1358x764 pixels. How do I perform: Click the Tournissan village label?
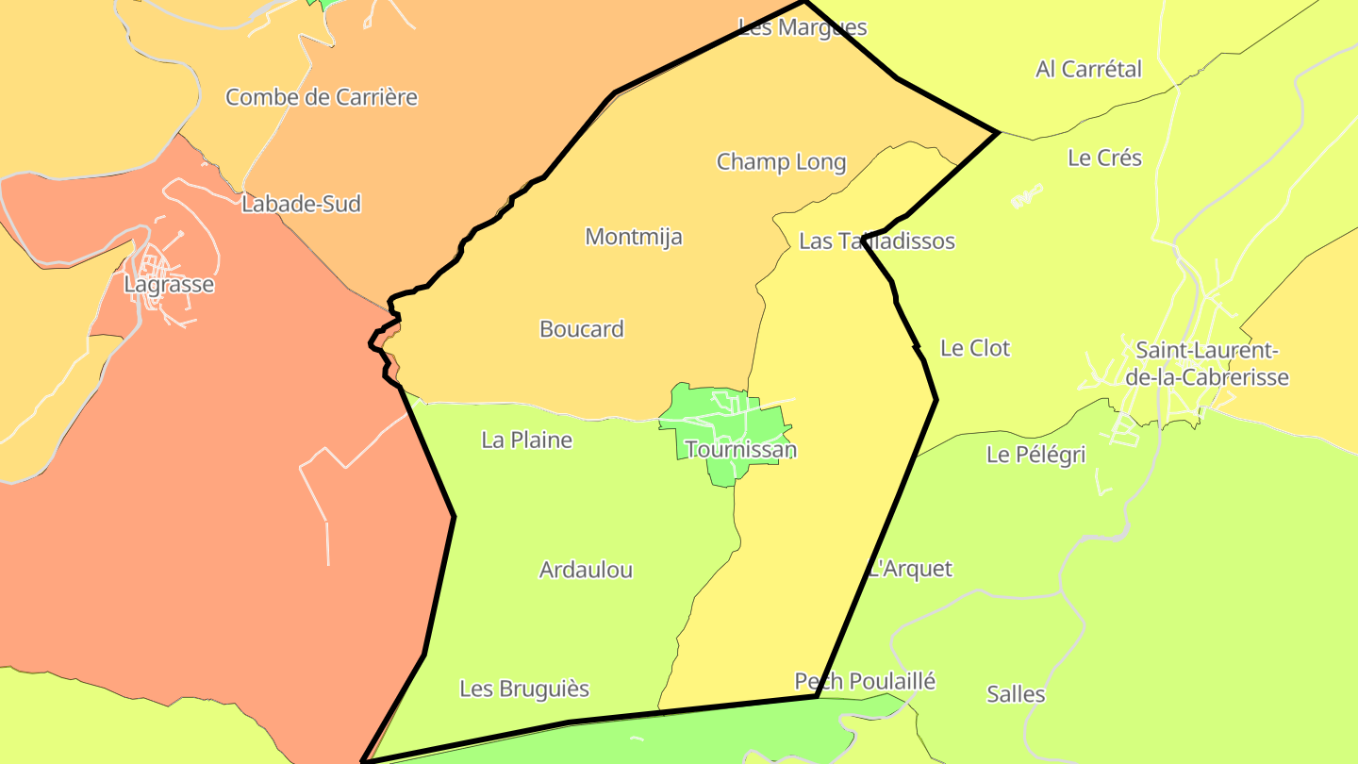pos(741,450)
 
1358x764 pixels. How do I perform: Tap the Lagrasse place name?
pos(170,285)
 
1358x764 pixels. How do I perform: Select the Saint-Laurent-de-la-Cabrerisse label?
pos(1212,364)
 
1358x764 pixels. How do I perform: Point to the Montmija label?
pos(633,237)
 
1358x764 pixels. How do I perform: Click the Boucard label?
pos(582,329)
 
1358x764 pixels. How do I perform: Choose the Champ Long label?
pos(781,162)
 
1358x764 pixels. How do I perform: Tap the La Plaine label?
pos(526,440)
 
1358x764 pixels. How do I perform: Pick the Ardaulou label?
pos(586,571)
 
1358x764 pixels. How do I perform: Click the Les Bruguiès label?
pos(524,689)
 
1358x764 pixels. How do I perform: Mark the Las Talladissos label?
pos(876,241)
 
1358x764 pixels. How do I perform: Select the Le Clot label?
pos(975,349)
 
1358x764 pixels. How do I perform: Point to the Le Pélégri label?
pos(1035,456)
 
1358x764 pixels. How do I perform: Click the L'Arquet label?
pos(911,570)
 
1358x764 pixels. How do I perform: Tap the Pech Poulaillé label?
pos(865,681)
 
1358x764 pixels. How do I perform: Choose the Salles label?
pos(1016,695)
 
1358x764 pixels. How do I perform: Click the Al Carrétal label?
pos(1088,70)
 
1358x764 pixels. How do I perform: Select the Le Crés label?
pos(1104,158)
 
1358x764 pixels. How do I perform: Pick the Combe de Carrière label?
pos(322,97)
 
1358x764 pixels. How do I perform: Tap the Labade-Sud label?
pos(301,205)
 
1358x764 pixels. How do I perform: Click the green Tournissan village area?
pos(698,415)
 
